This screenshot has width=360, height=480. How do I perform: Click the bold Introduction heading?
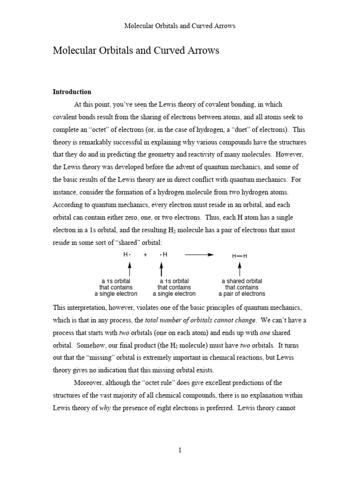pos(72,92)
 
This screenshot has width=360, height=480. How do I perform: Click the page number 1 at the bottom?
pos(180,450)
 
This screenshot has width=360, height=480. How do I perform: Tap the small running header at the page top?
pos(180,26)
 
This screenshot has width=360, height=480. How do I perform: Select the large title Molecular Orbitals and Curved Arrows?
pos(136,51)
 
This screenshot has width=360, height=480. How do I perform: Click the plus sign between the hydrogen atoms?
pos(145,255)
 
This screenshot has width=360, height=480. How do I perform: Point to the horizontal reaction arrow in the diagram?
pos(199,255)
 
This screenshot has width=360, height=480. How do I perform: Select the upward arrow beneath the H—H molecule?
pos(240,269)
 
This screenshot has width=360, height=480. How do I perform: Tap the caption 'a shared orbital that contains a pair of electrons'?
pos(241,287)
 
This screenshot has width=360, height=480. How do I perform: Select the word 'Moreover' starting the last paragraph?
pos(89,383)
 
